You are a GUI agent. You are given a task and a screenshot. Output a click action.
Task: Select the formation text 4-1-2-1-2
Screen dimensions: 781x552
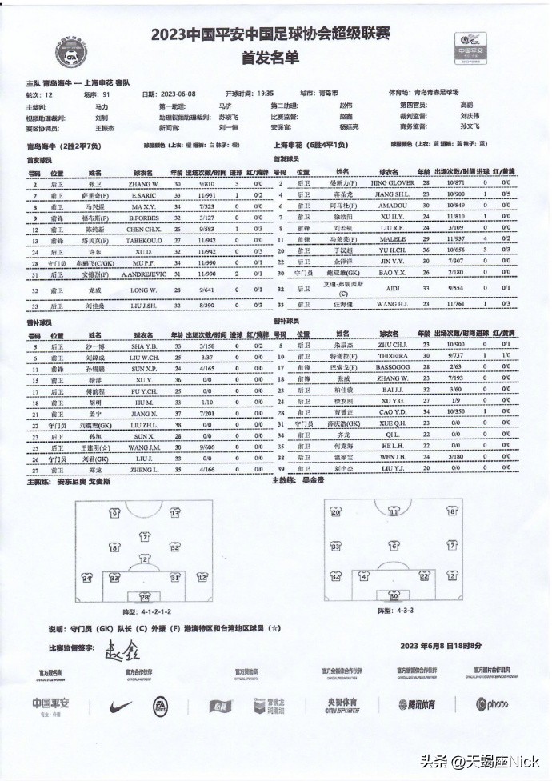click(x=146, y=611)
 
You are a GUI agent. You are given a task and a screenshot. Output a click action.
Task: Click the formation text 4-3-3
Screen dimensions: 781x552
click(x=390, y=611)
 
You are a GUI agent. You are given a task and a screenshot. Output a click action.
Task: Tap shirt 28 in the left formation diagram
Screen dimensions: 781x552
click(x=144, y=596)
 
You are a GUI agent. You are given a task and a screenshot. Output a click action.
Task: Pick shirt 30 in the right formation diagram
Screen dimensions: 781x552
click(x=393, y=595)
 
